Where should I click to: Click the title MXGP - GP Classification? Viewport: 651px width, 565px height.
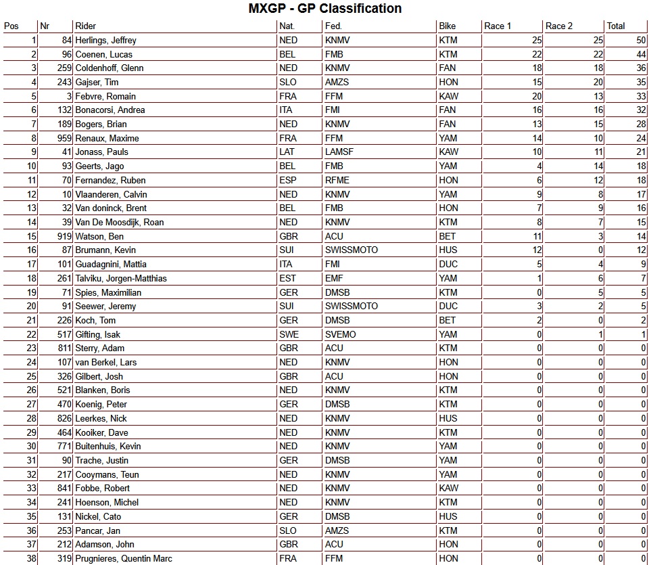tap(325, 9)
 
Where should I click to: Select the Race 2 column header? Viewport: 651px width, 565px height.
tap(559, 26)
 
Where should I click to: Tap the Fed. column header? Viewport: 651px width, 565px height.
tap(334, 26)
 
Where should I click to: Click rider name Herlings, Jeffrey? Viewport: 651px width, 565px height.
tap(105, 41)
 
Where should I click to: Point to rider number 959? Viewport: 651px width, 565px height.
tap(65, 138)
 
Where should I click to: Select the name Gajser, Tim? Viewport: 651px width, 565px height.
tap(97, 83)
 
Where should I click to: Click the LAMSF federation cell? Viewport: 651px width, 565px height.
tap(341, 152)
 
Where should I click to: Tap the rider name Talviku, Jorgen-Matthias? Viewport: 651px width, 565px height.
tap(121, 278)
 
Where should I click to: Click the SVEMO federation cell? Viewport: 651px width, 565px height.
tap(340, 334)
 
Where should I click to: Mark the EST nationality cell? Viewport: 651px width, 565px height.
tap(287, 278)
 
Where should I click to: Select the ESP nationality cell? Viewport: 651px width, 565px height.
tap(287, 180)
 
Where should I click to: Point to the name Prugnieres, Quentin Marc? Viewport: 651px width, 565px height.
tap(124, 559)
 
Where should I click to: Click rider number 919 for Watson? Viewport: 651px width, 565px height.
tap(65, 236)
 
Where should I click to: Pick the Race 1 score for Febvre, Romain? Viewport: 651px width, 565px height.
tap(537, 96)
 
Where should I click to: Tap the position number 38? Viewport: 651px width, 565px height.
tap(31, 559)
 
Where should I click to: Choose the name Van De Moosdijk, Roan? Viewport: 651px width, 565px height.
tap(120, 222)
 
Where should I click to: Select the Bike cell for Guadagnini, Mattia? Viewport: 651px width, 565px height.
tap(448, 265)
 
